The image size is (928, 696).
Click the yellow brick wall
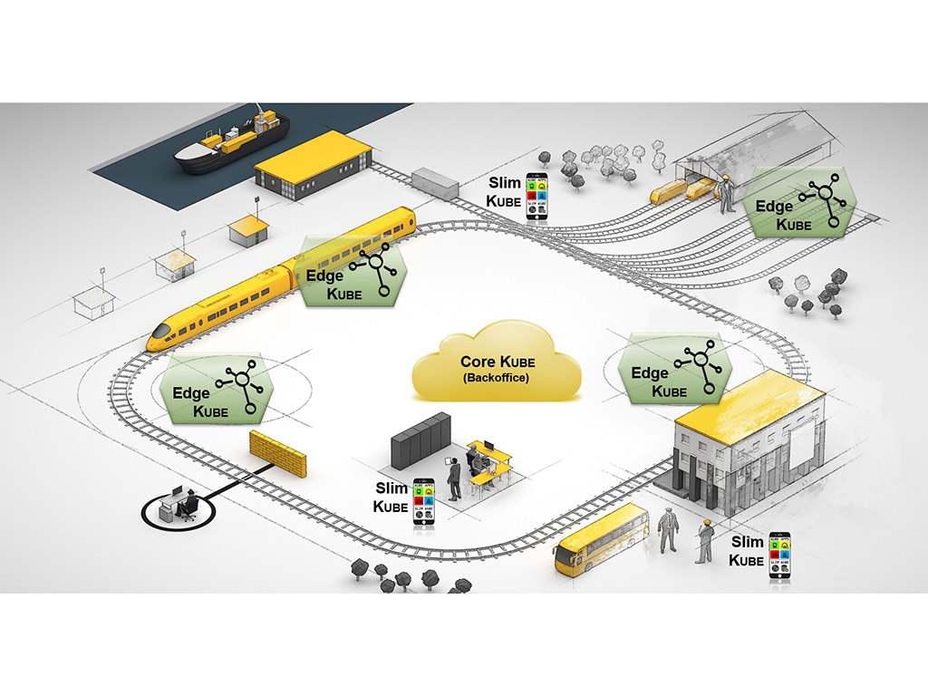tap(277, 454)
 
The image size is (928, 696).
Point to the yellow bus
tap(601, 540)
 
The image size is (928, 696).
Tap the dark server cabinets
tap(420, 440)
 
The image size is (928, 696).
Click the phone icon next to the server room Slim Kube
tap(423, 502)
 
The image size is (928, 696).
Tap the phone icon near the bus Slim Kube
tap(778, 556)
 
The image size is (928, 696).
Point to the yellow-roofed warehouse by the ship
tap(312, 163)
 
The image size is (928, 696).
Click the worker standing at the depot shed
tap(726, 193)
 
